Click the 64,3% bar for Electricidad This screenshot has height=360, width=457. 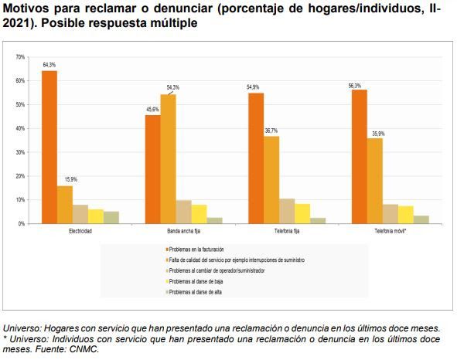pyautogui.click(x=49, y=147)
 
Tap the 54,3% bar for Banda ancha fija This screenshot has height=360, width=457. pyautogui.click(x=168, y=158)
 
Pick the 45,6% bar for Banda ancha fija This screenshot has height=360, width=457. pyautogui.click(x=152, y=169)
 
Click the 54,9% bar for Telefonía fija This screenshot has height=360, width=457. pyautogui.click(x=256, y=158)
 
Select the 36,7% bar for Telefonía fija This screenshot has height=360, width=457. pyautogui.click(x=271, y=180)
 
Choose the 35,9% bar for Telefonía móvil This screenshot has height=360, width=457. pyautogui.click(x=375, y=181)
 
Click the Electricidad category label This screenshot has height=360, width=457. pyautogui.click(x=80, y=230)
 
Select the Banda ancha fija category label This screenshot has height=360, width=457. pyautogui.click(x=183, y=230)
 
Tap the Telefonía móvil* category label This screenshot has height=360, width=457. pyautogui.click(x=390, y=230)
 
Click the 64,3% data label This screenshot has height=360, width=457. pyautogui.click(x=49, y=66)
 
